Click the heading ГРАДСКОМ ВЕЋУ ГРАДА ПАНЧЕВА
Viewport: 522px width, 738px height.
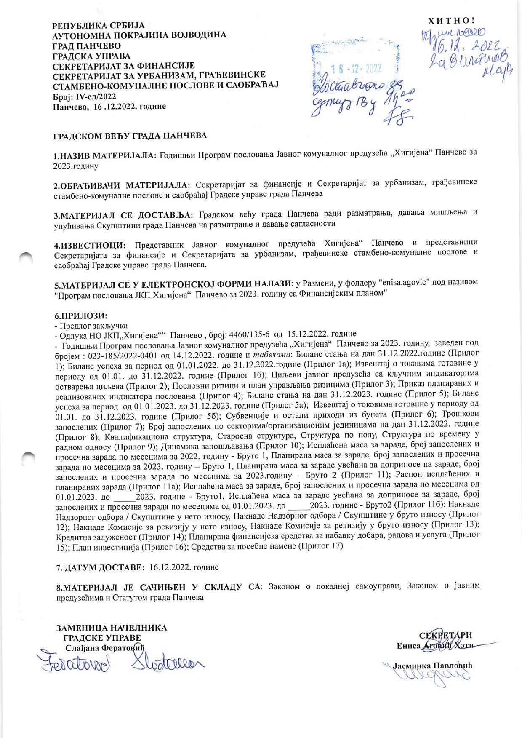click(x=130, y=136)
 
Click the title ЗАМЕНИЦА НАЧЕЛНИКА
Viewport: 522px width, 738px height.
click(x=112, y=628)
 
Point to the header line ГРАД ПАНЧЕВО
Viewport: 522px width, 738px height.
click(x=87, y=45)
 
